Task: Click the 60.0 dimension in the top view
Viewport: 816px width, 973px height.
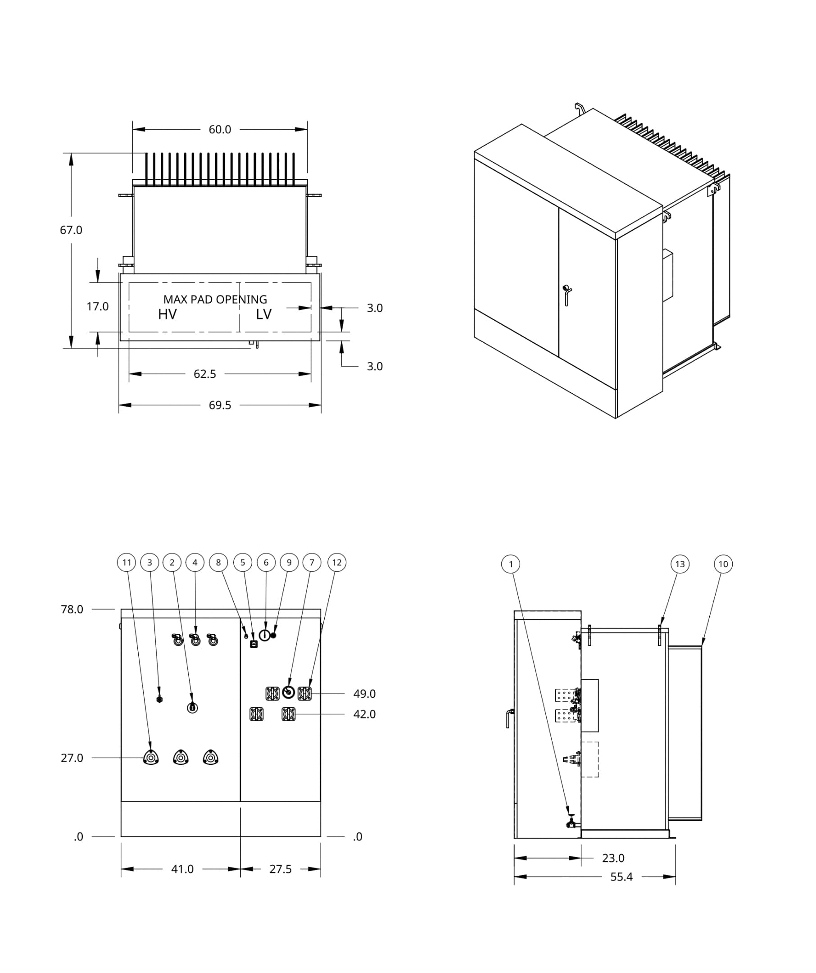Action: point(219,129)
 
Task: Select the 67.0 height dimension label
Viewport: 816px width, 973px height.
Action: point(71,230)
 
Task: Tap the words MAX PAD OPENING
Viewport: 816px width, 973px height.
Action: point(215,299)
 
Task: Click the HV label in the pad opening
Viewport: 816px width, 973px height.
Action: point(167,314)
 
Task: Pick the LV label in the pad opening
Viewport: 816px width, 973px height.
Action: point(263,314)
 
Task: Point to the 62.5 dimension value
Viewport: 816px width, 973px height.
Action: point(205,374)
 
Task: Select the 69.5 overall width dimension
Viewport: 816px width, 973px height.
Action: point(219,405)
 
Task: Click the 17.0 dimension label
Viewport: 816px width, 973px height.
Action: point(98,306)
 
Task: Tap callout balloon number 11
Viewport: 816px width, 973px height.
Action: point(127,563)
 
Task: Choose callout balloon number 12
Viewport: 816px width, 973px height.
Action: point(337,563)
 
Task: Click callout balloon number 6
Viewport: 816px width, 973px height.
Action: point(266,563)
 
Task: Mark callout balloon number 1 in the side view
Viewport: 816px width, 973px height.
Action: point(511,564)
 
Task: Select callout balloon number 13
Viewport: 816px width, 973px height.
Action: point(680,564)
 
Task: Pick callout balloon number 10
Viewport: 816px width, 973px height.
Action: point(723,564)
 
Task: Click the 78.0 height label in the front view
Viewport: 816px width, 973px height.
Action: point(72,609)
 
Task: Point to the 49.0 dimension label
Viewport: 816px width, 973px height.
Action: point(364,694)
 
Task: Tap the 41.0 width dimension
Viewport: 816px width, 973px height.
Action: point(182,869)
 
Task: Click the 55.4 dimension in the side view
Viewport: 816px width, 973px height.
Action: point(621,877)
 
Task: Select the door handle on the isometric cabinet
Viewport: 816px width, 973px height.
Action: point(567,295)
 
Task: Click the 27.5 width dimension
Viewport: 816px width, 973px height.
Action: point(280,869)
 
